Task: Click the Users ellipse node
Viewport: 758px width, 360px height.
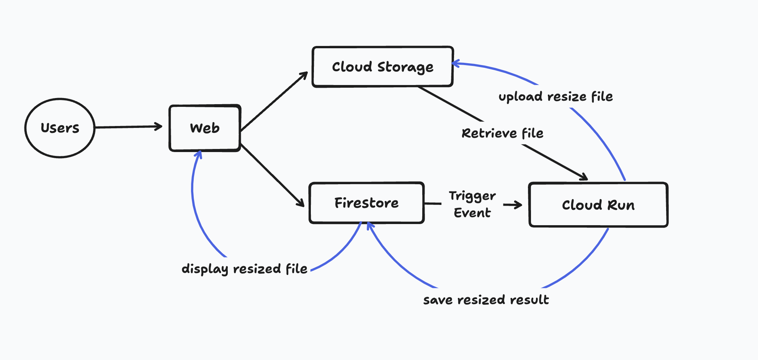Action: [x=60, y=128]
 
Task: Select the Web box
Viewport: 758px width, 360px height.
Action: [x=205, y=128]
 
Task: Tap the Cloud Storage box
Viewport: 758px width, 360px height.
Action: [x=382, y=67]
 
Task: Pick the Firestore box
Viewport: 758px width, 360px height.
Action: [x=366, y=203]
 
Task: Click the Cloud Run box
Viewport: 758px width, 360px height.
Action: [x=598, y=205]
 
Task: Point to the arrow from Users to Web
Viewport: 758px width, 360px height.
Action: [x=128, y=127]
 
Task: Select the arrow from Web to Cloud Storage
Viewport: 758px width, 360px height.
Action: [x=274, y=101]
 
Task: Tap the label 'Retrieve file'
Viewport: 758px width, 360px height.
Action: [x=502, y=133]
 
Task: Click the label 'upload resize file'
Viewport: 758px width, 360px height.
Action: [x=555, y=97]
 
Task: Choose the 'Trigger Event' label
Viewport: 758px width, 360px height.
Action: [x=472, y=204]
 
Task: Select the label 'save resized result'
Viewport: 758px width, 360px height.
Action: [x=486, y=299]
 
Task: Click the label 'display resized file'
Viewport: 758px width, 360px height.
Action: [x=244, y=268]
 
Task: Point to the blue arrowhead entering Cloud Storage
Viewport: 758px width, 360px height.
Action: [x=455, y=64]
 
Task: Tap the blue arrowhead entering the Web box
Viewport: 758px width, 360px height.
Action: [x=198, y=154]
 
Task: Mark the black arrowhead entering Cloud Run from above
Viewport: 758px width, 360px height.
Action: [x=583, y=177]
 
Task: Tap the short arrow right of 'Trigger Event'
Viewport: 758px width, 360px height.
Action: [x=513, y=205]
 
